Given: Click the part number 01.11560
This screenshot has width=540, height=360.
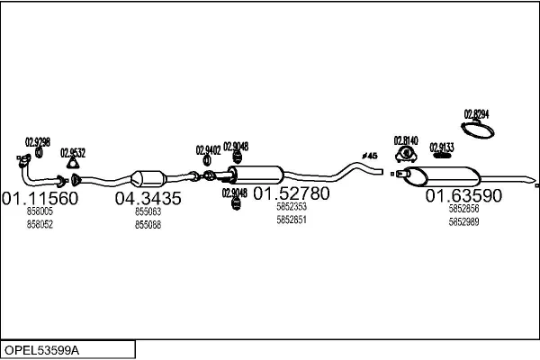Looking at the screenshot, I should point(40,198).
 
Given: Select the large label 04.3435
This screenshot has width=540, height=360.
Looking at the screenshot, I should point(148,198).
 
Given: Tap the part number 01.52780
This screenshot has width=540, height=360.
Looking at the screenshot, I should point(291,193).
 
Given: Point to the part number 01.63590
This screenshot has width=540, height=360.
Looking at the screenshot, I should point(463,195).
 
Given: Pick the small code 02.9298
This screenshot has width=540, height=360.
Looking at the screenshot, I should point(38,141).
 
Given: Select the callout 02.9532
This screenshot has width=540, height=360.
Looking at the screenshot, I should point(73,152).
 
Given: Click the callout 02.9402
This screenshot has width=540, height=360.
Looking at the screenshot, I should point(208,150).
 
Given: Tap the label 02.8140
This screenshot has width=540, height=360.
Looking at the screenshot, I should point(406,140).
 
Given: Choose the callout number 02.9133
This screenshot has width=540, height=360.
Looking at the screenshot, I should point(441,147).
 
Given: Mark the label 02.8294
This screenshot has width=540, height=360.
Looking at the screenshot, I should point(476,113).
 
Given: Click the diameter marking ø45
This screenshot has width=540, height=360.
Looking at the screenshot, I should point(369,156).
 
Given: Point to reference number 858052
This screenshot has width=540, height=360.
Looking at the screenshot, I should point(40,223).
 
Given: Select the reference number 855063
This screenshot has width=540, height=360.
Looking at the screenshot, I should point(148,211).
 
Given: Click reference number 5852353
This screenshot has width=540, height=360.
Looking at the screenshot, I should point(291,207).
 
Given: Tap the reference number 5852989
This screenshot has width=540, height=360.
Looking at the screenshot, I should point(463,221).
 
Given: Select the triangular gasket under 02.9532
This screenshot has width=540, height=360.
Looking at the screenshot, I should point(75,164).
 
